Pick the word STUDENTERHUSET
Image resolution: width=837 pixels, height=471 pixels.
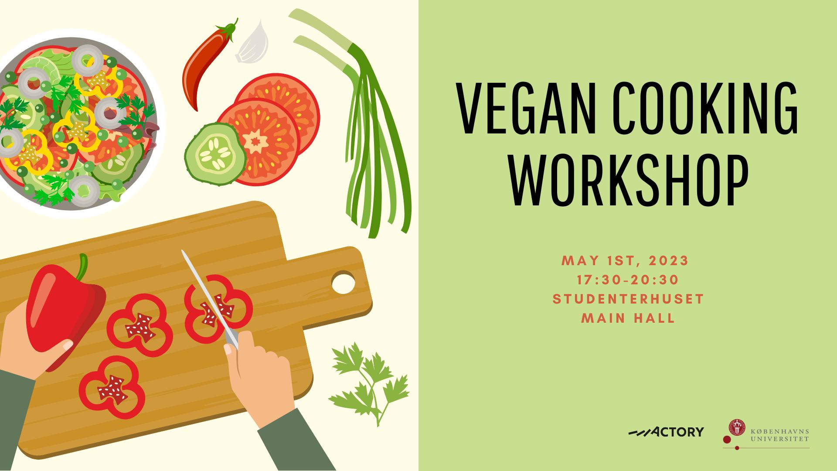(x=628, y=299)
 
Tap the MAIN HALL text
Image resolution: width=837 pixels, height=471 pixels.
(x=628, y=318)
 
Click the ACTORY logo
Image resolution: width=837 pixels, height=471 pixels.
(x=666, y=432)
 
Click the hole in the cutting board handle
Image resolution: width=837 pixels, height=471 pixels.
(x=344, y=282)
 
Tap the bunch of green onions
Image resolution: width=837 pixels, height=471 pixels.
(x=362, y=126)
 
